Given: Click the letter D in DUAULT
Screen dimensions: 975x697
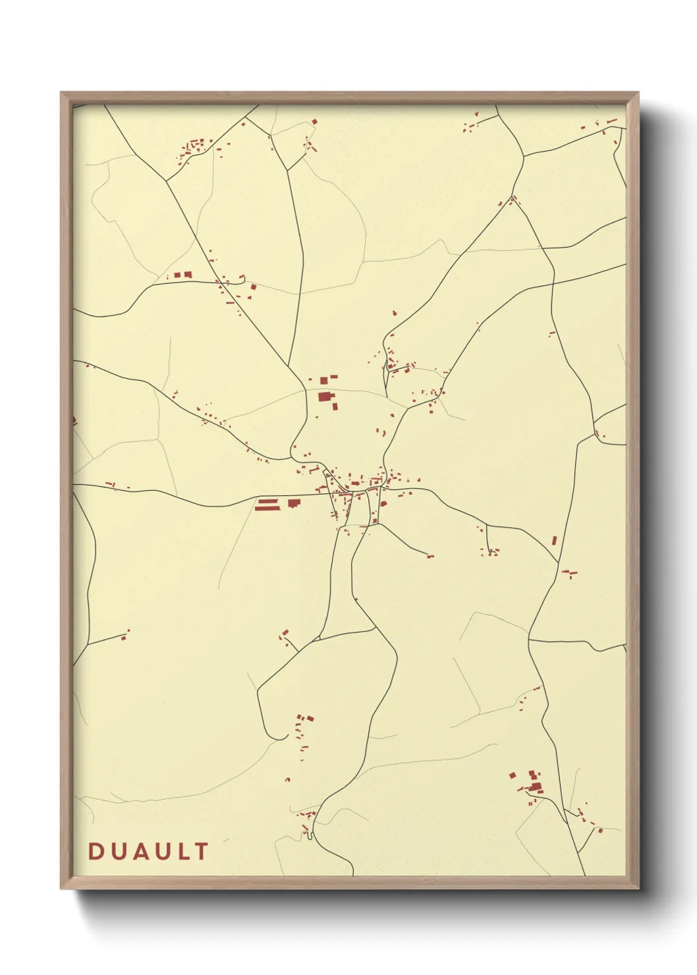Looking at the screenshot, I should click(95, 851).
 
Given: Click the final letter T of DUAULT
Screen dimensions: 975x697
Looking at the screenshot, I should click(200, 851).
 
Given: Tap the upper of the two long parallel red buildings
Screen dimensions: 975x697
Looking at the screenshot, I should click(266, 502).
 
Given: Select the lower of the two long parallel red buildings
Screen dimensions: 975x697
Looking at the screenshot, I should click(266, 508).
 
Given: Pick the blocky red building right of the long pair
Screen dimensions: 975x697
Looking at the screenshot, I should click(294, 503).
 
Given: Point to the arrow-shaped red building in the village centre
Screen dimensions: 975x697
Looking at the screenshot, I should click(383, 504).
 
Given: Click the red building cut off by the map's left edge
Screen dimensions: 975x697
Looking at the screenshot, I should click(74, 420).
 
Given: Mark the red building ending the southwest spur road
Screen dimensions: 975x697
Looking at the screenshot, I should click(124, 636).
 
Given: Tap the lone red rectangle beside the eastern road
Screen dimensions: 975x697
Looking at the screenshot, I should click(555, 540).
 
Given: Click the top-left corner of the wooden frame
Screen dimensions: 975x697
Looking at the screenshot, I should click(62, 94).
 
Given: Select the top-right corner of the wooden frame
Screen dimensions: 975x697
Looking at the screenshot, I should click(638, 94).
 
